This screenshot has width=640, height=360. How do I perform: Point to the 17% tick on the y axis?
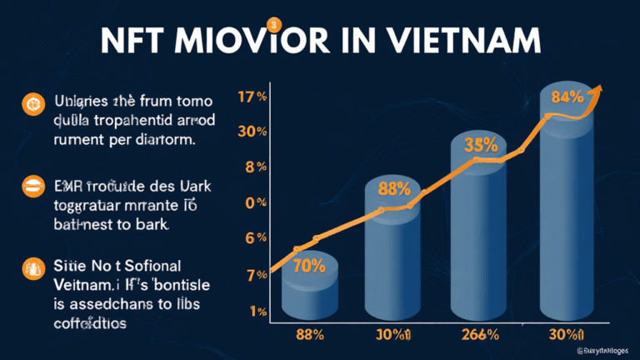[x=252, y=97]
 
